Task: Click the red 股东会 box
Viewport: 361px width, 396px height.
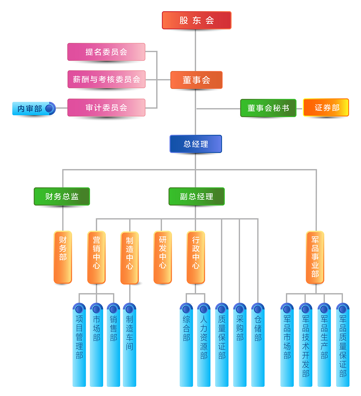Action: click(196, 20)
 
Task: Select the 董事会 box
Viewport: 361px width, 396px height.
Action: click(196, 80)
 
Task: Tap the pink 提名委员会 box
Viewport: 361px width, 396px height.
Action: click(106, 52)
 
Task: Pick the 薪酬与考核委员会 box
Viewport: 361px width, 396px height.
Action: click(106, 79)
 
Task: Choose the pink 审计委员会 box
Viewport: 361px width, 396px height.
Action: click(106, 108)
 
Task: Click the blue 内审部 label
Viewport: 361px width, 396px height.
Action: click(30, 108)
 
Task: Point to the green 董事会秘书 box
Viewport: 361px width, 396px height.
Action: click(268, 108)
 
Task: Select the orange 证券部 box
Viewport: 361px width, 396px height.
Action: click(326, 108)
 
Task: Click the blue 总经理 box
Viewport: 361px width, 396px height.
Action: click(196, 144)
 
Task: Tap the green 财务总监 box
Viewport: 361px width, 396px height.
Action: click(62, 196)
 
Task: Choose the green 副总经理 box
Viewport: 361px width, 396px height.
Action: click(196, 196)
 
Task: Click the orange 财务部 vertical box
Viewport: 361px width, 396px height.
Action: click(63, 257)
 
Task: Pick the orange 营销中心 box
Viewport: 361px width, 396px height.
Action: click(96, 257)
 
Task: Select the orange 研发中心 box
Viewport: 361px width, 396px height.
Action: click(162, 257)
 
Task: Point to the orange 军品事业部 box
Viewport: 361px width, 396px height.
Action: click(315, 257)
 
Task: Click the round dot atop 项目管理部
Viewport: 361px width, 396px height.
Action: click(79, 309)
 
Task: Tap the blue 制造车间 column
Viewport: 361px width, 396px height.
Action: click(130, 346)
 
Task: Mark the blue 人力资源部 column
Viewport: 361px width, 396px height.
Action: click(204, 346)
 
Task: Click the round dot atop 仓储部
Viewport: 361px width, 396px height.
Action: click(258, 309)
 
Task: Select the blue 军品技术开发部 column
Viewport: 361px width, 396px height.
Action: click(306, 346)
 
